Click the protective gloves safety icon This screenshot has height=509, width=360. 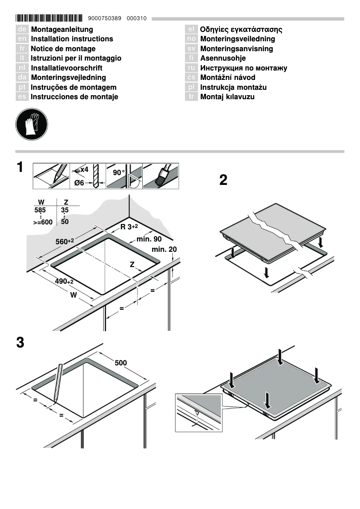pyautogui.click(x=31, y=123)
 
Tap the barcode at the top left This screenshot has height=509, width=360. pyautogui.click(x=49, y=18)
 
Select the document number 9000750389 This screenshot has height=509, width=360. pyautogui.click(x=105, y=18)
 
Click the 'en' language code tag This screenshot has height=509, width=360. pyautogui.click(x=22, y=39)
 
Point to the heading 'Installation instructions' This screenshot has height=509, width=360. pyautogui.click(x=72, y=39)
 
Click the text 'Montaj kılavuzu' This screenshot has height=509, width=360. pyautogui.click(x=227, y=97)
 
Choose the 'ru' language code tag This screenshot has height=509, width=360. pyautogui.click(x=191, y=68)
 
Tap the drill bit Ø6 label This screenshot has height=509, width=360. pyautogui.click(x=79, y=183)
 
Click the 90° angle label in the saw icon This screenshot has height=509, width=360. pyautogui.click(x=118, y=173)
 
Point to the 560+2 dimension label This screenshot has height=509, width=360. pyautogui.click(x=65, y=241)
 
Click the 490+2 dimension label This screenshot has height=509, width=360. pyautogui.click(x=64, y=281)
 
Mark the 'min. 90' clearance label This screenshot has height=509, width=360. pyautogui.click(x=149, y=239)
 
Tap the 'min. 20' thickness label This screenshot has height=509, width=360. pyautogui.click(x=164, y=249)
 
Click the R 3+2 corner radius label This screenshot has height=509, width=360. pyautogui.click(x=132, y=227)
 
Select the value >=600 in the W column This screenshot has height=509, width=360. pyautogui.click(x=43, y=222)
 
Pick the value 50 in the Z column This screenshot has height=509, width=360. pyautogui.click(x=65, y=222)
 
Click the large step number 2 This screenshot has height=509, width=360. pyautogui.click(x=223, y=180)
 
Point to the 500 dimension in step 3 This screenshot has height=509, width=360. pyautogui.click(x=121, y=363)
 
